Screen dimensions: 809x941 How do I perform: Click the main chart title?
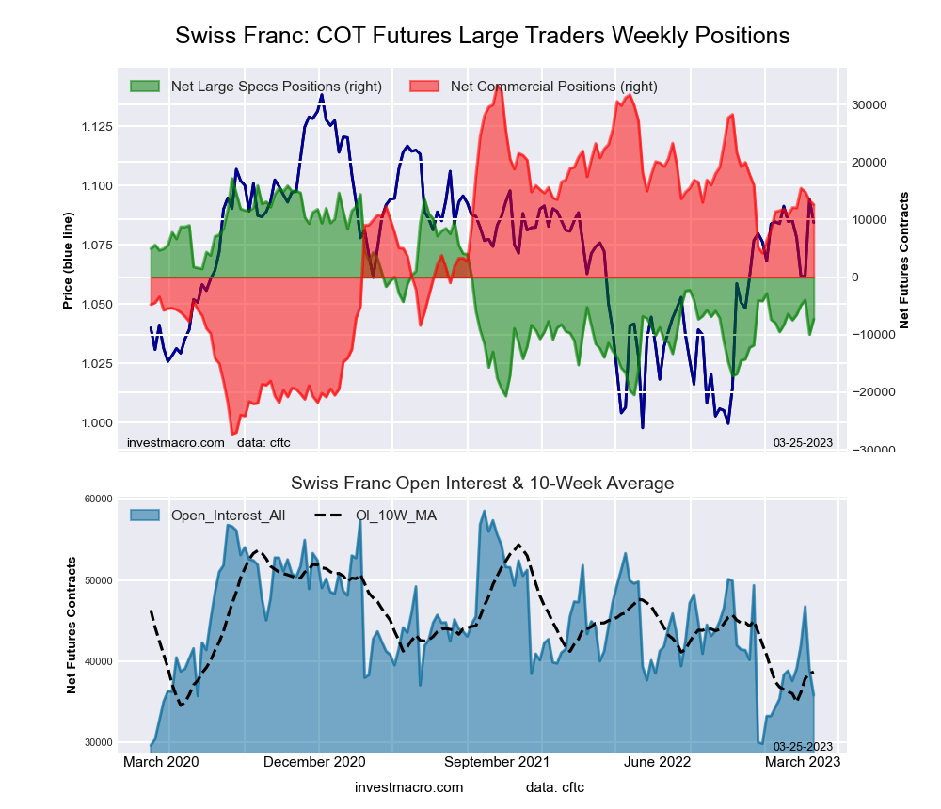(482, 36)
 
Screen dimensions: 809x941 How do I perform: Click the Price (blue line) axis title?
(68, 260)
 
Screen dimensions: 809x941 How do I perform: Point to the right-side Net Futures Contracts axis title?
(904, 260)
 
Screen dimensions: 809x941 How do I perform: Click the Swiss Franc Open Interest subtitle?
(482, 484)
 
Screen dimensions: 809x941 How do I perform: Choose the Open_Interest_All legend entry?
(228, 515)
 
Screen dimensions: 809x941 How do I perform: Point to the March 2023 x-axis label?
(803, 761)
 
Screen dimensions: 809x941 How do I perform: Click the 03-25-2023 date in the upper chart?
(803, 442)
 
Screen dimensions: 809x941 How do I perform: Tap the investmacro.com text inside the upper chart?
(175, 442)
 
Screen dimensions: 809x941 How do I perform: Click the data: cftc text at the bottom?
(555, 786)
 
